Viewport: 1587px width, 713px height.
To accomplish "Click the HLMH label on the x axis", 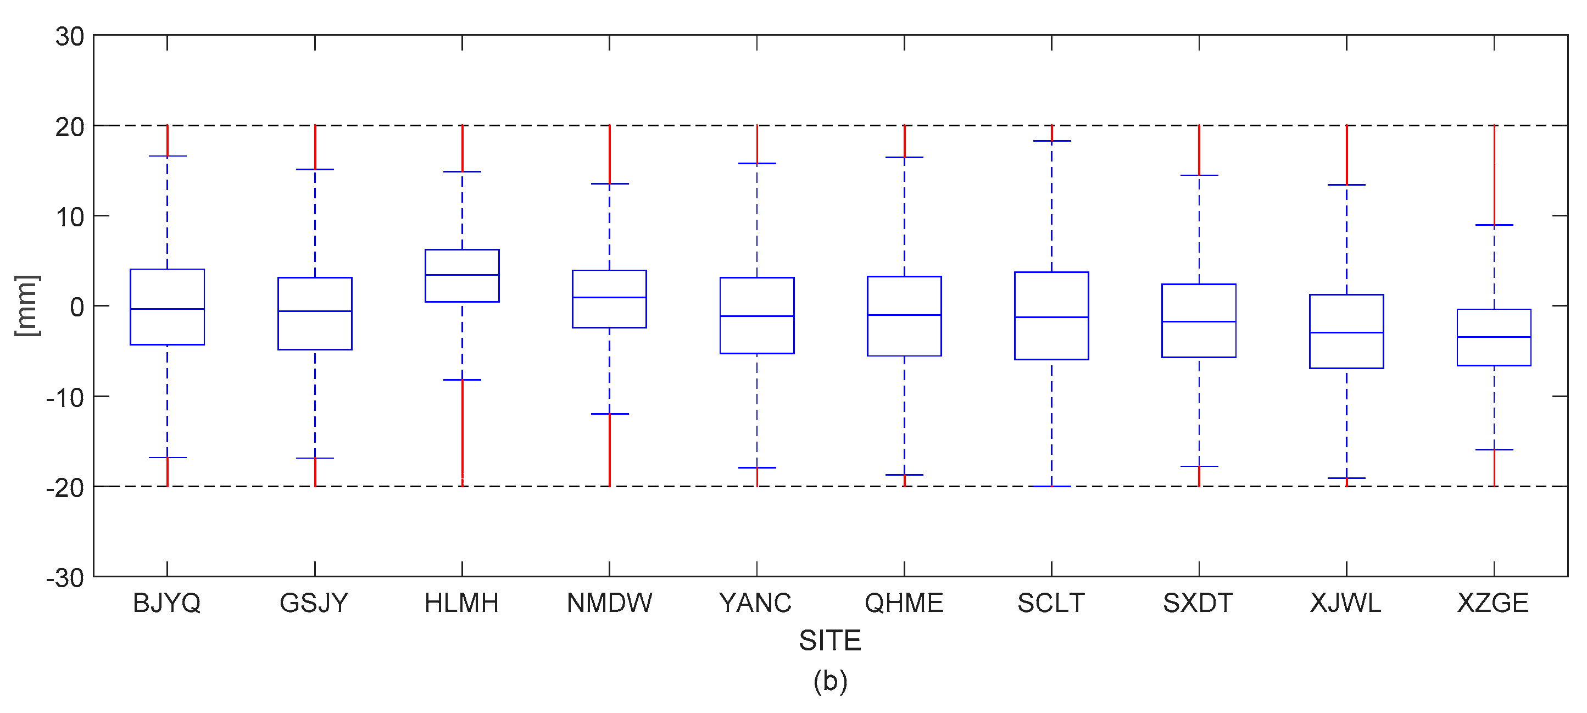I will click(461, 603).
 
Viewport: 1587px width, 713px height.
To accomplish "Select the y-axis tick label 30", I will click(70, 37).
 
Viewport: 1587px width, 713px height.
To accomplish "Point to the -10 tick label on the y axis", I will click(65, 398).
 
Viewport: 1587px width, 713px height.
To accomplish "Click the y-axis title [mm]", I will click(27, 305).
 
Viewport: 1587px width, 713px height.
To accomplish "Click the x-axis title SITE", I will click(829, 640).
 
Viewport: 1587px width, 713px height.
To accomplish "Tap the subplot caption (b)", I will click(830, 681).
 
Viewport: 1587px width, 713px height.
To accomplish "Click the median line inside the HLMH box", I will click(462, 275).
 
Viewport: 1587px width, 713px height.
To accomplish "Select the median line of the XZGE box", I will click(1494, 337).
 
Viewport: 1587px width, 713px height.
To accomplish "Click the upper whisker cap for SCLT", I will click(1051, 141).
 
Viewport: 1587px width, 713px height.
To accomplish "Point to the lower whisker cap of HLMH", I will click(462, 380).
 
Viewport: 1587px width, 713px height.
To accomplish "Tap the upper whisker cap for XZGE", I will click(1494, 225).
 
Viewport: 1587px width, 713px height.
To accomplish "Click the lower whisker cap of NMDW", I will click(609, 414).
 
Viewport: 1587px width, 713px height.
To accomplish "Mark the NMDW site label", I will click(609, 603).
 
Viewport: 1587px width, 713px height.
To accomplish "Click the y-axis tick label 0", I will click(77, 307).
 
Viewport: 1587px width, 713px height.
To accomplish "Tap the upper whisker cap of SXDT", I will click(1199, 176).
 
